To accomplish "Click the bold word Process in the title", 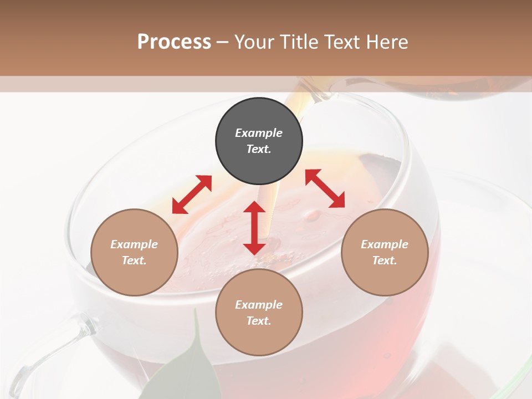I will (174, 42).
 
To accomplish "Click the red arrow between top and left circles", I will (192, 195).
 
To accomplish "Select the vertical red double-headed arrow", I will (254, 228).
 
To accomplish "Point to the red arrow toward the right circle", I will (325, 188).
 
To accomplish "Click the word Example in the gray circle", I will (259, 133).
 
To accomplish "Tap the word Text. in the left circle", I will (134, 260).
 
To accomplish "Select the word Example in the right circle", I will (385, 244).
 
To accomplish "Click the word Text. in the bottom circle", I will (259, 321).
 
